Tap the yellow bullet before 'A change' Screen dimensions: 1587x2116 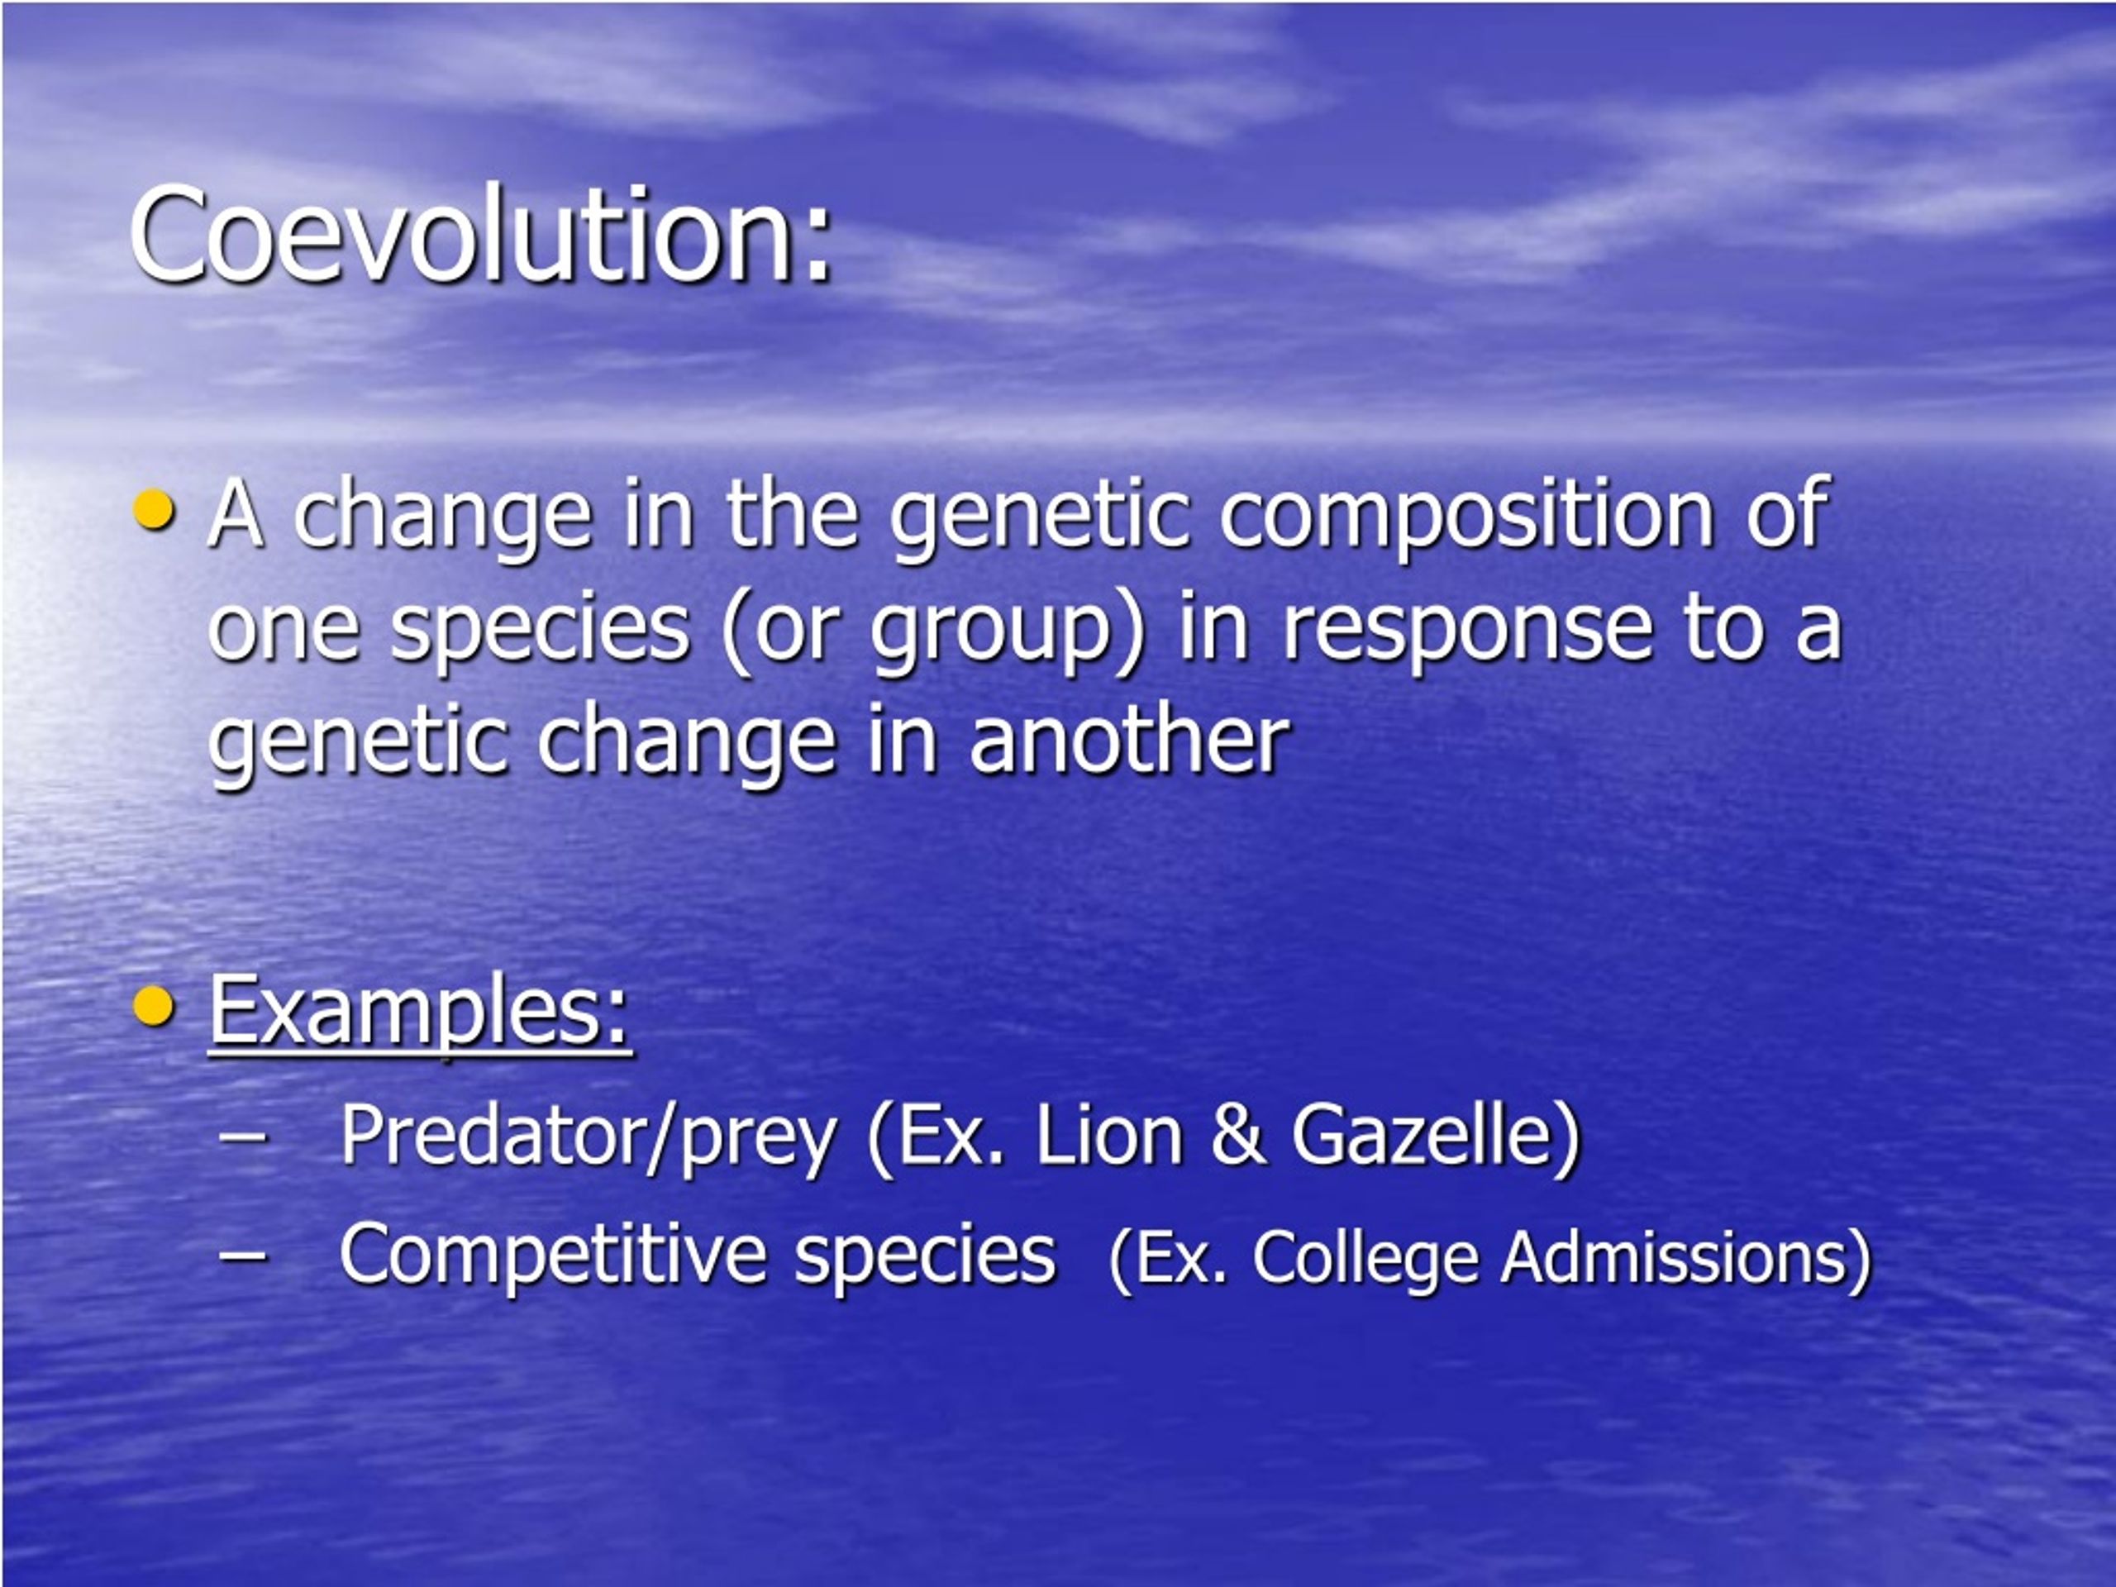[x=154, y=509]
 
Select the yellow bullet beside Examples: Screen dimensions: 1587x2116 [x=154, y=1005]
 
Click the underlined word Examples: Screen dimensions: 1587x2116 [x=419, y=1010]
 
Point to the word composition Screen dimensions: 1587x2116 [x=1466, y=517]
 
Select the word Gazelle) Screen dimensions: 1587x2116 [x=1436, y=1137]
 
